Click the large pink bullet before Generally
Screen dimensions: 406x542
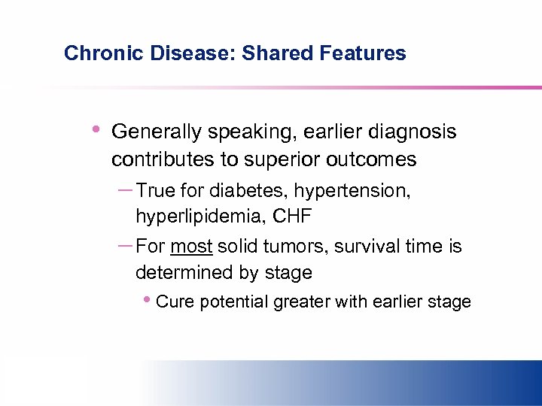[93, 130]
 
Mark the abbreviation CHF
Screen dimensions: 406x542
[292, 217]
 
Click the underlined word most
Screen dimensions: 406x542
[192, 247]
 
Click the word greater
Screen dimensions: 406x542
[301, 302]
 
